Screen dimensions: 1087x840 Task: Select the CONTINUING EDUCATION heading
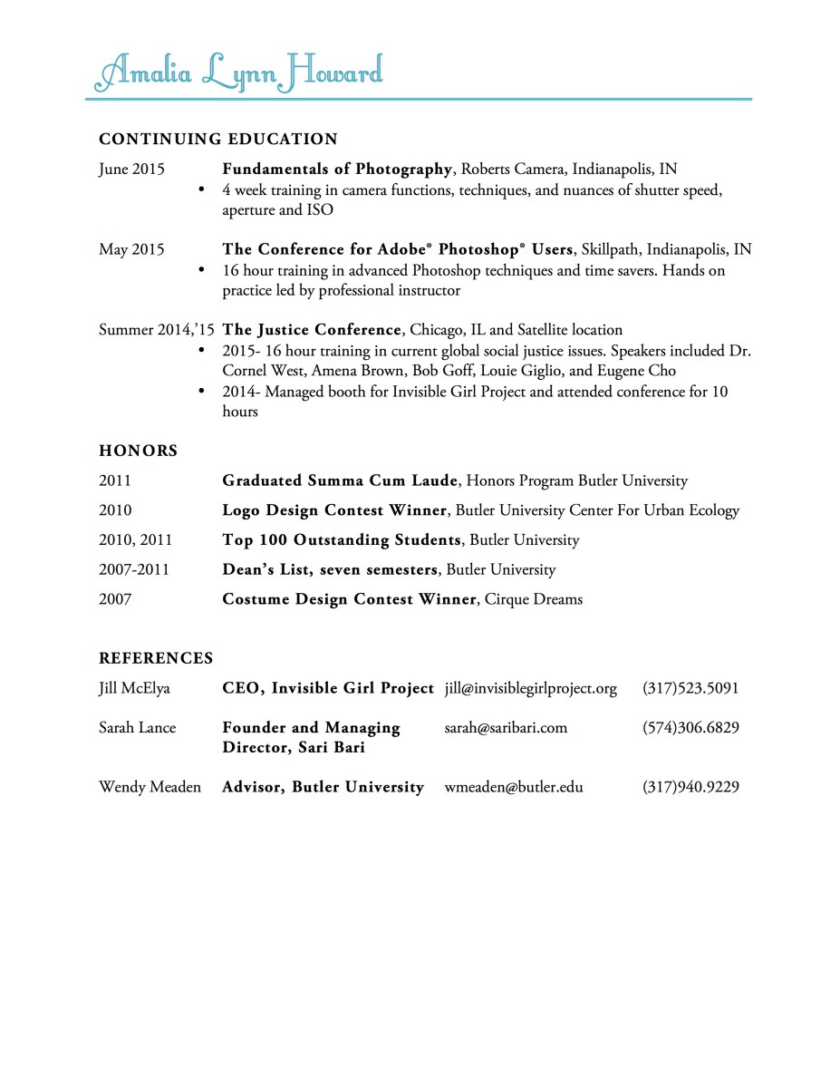(x=217, y=139)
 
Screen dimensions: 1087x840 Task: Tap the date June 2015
(x=131, y=169)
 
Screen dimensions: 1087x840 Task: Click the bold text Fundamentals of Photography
(x=337, y=169)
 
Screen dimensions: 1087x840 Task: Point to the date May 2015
(x=131, y=249)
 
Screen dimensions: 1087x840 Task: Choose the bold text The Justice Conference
(x=312, y=330)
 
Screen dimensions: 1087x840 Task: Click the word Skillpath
(x=610, y=249)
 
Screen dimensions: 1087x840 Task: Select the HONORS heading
(x=138, y=451)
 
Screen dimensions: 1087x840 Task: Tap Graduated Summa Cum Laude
(x=341, y=480)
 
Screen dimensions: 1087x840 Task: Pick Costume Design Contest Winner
(x=349, y=599)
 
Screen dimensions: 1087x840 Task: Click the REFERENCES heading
(x=156, y=658)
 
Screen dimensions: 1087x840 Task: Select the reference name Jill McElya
(x=134, y=688)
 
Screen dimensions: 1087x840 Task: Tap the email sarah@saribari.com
(x=506, y=727)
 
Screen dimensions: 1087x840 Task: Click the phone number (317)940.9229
(x=690, y=787)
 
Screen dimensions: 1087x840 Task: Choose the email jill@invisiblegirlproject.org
(x=530, y=688)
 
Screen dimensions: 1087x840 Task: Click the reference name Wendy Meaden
(x=150, y=787)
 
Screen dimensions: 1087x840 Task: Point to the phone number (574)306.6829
(x=690, y=727)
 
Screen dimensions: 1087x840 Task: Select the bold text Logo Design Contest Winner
(x=334, y=510)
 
